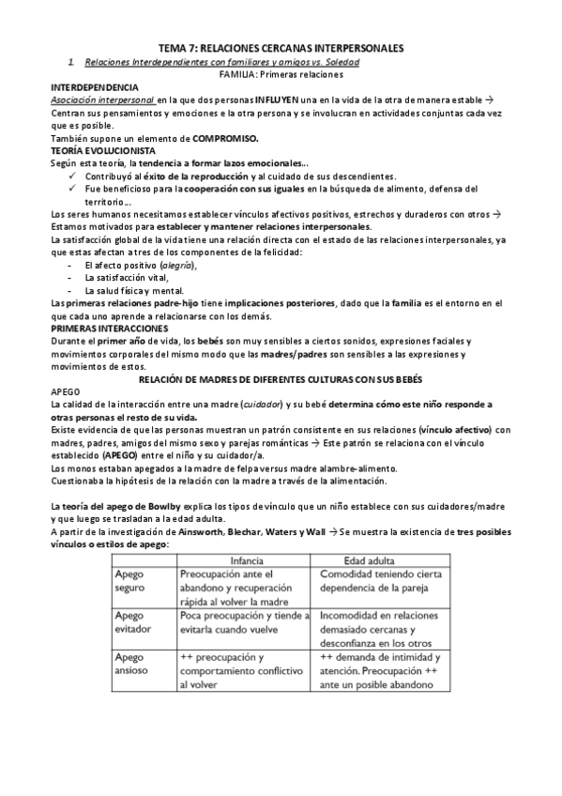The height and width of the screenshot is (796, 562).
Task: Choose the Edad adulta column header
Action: coord(371,558)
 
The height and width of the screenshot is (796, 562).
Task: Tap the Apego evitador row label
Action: coord(131,622)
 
